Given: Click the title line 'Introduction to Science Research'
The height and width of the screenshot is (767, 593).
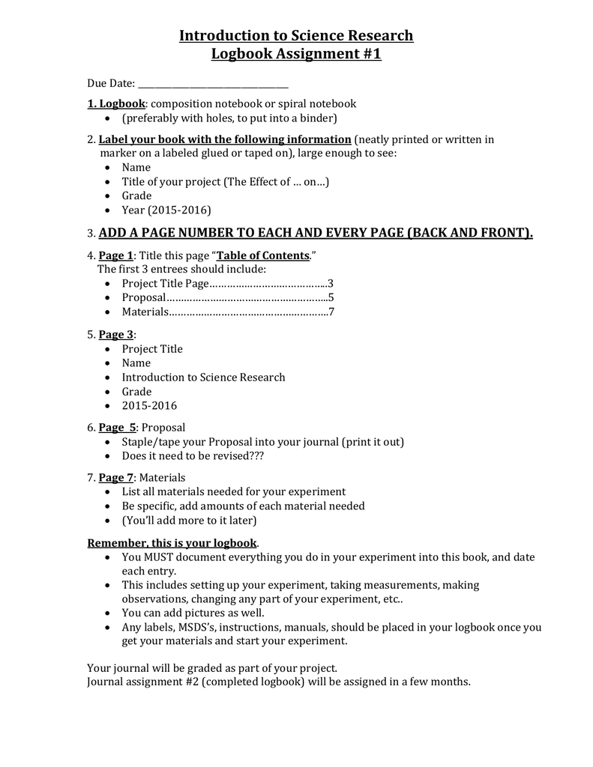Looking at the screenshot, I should pyautogui.click(x=296, y=36).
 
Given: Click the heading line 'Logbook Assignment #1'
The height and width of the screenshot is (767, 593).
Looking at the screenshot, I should pyautogui.click(x=296, y=55).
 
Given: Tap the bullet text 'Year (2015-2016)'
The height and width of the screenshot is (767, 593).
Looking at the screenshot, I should pyautogui.click(x=166, y=210).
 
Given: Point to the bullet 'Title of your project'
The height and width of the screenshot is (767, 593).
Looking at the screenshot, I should pyautogui.click(x=225, y=181).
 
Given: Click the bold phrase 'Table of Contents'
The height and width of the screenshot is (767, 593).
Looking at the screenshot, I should pyautogui.click(x=262, y=255).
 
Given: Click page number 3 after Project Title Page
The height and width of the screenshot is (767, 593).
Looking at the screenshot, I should pyautogui.click(x=330, y=284).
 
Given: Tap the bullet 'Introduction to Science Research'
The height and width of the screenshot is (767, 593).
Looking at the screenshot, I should pyautogui.click(x=203, y=378).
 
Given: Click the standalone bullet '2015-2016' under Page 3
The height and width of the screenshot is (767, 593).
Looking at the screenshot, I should pyautogui.click(x=149, y=406).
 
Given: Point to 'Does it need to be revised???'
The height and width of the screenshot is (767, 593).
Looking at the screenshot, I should pyautogui.click(x=193, y=455).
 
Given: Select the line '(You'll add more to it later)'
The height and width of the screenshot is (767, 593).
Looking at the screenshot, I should pyautogui.click(x=189, y=521).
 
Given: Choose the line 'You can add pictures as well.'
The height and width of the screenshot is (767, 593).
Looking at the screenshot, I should pyautogui.click(x=193, y=613).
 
